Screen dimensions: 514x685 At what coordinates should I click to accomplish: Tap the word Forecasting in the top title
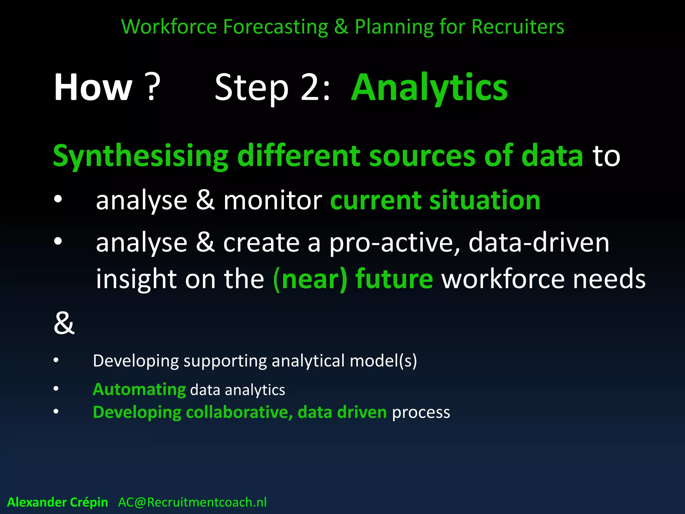[276, 27]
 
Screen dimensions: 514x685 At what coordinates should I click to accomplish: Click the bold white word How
[93, 88]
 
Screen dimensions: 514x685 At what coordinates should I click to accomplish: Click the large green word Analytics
[429, 88]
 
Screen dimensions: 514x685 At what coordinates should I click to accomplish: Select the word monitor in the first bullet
[273, 200]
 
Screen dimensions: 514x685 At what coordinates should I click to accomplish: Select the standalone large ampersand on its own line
[64, 323]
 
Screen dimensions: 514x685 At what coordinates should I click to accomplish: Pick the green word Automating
[139, 390]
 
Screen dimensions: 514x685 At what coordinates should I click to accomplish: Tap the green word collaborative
[239, 412]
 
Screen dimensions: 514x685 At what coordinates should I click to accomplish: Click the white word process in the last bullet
[421, 412]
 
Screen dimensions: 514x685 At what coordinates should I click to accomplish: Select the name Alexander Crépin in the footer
[58, 502]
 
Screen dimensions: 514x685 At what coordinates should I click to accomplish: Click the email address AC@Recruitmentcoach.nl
[192, 502]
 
